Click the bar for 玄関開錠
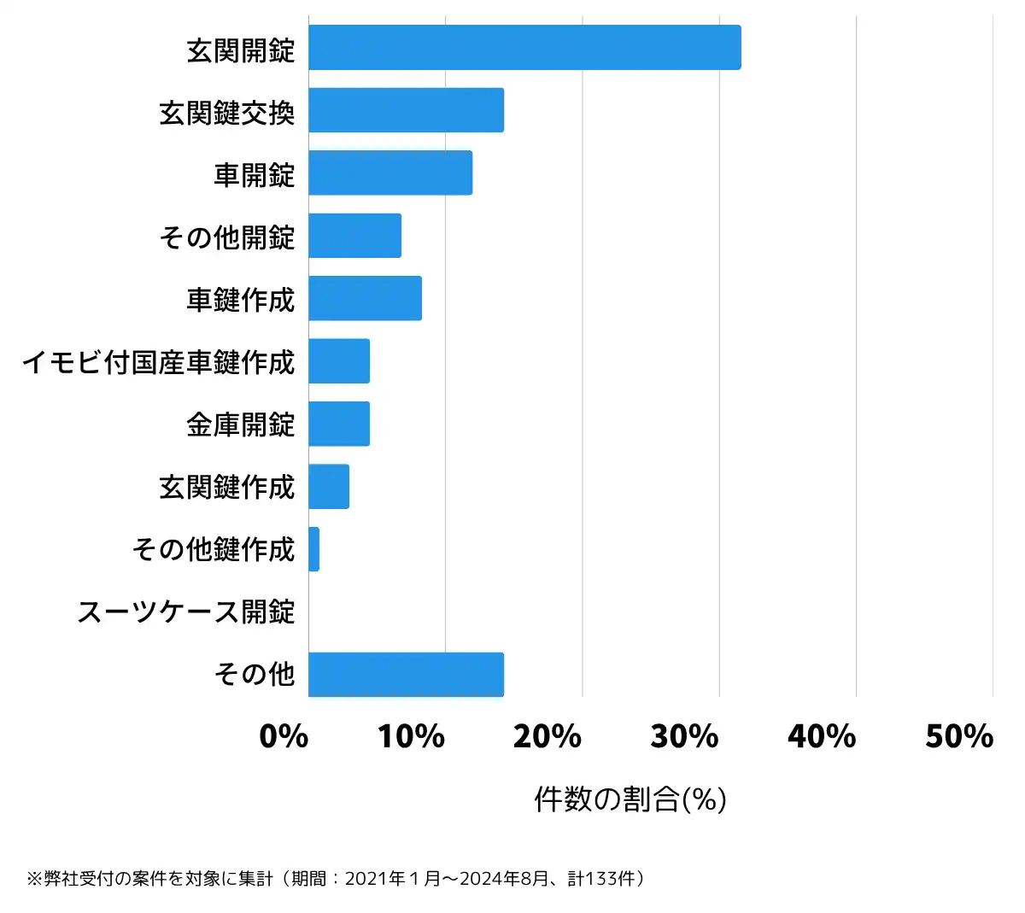[524, 47]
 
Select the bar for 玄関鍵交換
[406, 110]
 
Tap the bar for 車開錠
[390, 173]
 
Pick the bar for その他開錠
[354, 236]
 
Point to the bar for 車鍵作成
[365, 298]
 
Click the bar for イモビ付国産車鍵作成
[339, 361]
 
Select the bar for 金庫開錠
[339, 424]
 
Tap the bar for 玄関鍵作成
[329, 487]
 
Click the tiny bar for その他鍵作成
[314, 549]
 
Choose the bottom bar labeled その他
[406, 675]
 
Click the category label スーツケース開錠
[186, 612]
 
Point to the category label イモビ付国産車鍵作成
[159, 362]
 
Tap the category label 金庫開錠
[241, 424]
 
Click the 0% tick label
[284, 736]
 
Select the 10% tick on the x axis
[411, 736]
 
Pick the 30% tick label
[684, 736]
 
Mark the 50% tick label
[959, 736]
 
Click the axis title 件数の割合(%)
[630, 799]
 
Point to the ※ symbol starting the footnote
[35, 879]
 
